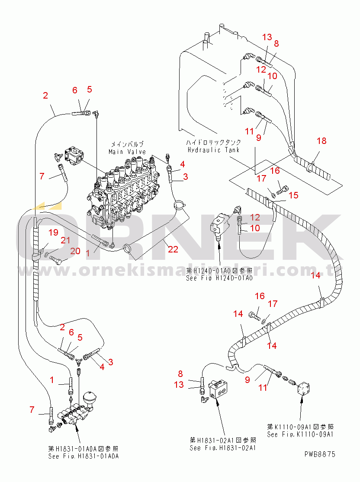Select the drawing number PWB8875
tap(319, 454)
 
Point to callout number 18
tap(321, 141)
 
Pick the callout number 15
tap(293, 195)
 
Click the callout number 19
tap(53, 233)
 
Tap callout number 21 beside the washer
tap(65, 240)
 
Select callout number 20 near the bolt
tap(75, 251)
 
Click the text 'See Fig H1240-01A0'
tap(219, 278)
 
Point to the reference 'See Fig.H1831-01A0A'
tap(84, 456)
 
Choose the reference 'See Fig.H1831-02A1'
tap(223, 448)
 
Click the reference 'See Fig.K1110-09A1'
tap(301, 434)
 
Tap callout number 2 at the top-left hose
tap(45, 96)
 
